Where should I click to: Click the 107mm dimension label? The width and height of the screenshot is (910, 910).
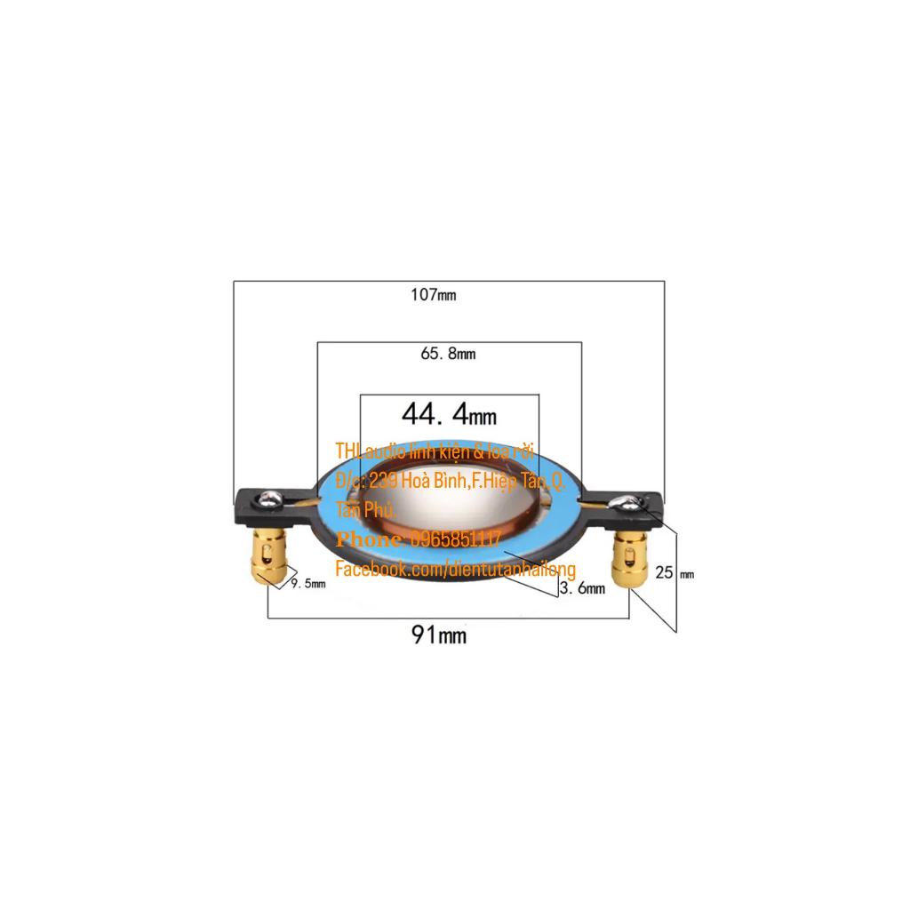pyautogui.click(x=434, y=295)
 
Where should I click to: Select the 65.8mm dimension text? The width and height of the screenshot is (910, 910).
pyautogui.click(x=448, y=354)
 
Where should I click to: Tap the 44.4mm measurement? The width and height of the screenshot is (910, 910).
pyautogui.click(x=449, y=414)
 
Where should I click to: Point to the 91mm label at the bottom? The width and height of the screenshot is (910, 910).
pyautogui.click(x=438, y=635)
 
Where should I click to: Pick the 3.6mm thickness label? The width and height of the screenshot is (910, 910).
pyautogui.click(x=583, y=588)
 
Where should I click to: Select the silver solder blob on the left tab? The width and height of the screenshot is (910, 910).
pyautogui.click(x=271, y=499)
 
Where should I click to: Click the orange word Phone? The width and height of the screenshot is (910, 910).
pyautogui.click(x=369, y=539)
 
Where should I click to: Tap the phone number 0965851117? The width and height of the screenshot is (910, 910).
pyautogui.click(x=454, y=539)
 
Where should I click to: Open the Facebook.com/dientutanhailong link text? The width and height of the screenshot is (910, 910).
pyautogui.click(x=455, y=569)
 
